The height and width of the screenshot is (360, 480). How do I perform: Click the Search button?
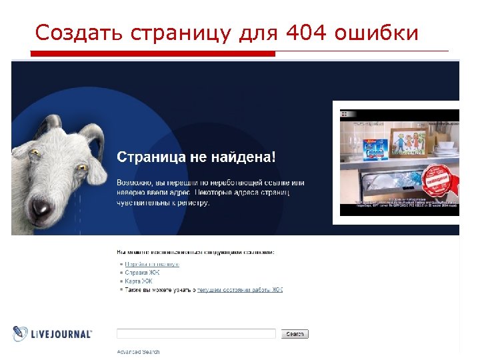click(295, 334)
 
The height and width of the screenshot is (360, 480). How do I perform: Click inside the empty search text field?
click(196, 334)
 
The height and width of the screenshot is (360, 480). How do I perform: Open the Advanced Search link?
click(138, 352)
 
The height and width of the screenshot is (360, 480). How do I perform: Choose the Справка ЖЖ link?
click(142, 273)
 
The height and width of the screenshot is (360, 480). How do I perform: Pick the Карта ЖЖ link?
click(138, 281)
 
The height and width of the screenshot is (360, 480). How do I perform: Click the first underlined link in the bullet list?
click(152, 264)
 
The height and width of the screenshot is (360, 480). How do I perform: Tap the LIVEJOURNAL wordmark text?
click(62, 334)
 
